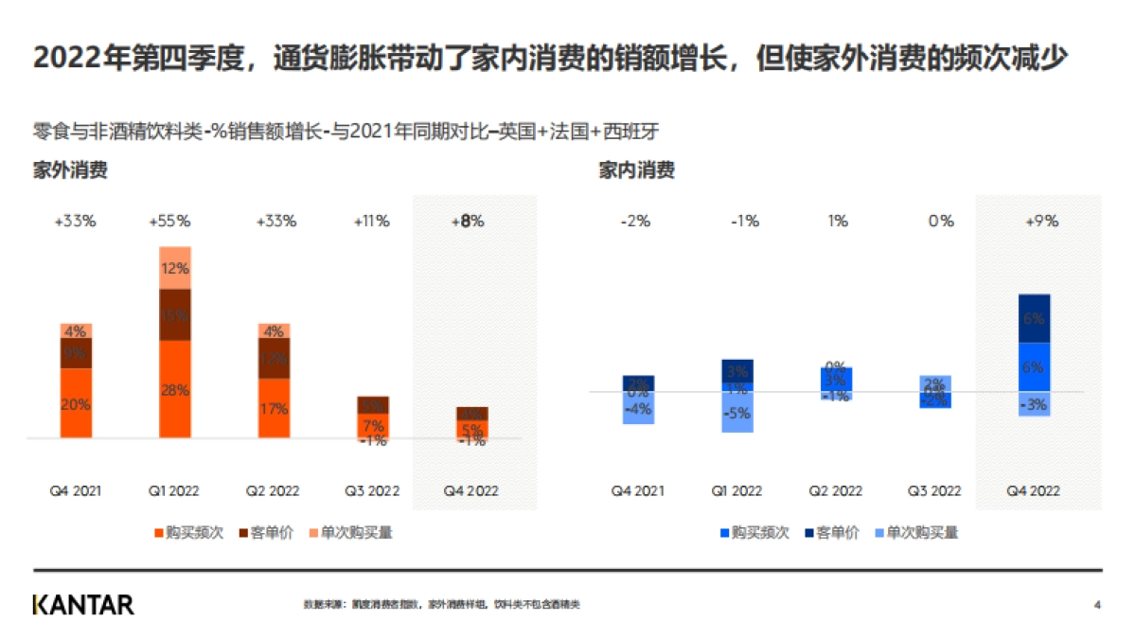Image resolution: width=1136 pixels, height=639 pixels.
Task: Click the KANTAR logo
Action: [83, 605]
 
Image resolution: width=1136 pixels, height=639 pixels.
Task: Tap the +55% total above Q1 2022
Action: [169, 222]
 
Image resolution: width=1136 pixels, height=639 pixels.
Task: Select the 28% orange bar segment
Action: [174, 389]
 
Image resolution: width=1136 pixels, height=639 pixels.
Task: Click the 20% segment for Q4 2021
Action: [76, 403]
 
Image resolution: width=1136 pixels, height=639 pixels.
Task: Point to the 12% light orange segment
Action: [174, 268]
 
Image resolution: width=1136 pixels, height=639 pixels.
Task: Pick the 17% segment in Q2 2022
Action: [274, 409]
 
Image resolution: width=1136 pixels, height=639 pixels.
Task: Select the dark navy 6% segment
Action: [1034, 319]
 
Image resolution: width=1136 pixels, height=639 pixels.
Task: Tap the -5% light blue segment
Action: [737, 413]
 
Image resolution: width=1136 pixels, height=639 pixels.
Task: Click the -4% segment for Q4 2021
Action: [638, 409]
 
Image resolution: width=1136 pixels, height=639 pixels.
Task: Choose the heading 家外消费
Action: [69, 170]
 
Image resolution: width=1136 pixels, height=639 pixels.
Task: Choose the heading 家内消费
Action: [636, 170]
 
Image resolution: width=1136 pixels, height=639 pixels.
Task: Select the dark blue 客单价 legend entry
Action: [832, 533]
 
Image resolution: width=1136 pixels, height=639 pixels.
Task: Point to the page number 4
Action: [1097, 605]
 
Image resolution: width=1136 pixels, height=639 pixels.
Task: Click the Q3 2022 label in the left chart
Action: [372, 491]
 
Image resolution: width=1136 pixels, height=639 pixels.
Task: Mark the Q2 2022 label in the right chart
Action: [835, 491]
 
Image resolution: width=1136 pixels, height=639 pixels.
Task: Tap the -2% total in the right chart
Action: [635, 222]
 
